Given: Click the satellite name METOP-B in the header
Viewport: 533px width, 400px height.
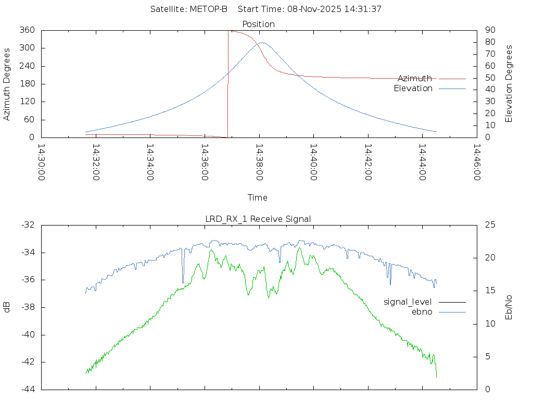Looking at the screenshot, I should [209, 9].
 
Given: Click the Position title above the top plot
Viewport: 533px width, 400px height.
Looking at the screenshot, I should [259, 24].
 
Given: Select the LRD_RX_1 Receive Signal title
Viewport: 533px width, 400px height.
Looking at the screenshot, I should [258, 219].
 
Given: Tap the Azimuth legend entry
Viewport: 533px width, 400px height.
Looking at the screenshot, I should [415, 78].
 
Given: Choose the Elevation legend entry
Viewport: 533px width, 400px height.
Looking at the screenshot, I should [413, 89].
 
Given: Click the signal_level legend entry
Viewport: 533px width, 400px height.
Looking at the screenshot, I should [408, 302].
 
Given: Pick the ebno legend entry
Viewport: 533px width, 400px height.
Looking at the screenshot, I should [422, 311].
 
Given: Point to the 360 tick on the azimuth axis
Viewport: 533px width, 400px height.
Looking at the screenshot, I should [27, 30].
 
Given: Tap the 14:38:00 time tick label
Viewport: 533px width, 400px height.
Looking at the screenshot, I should [259, 163].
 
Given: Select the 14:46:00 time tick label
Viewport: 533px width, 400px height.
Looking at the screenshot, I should [476, 163].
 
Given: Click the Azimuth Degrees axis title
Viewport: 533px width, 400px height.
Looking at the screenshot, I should [7, 84].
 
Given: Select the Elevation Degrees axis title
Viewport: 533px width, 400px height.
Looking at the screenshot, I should [509, 83].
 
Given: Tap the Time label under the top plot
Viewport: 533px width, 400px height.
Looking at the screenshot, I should [258, 197].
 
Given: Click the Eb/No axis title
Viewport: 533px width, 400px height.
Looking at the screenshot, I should [509, 307].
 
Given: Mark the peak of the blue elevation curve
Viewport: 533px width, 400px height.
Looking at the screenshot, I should [262, 42].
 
